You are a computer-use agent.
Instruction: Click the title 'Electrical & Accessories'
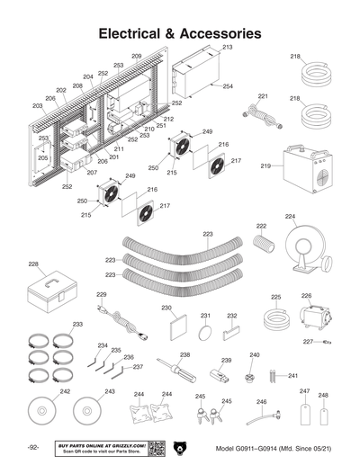(x=180, y=33)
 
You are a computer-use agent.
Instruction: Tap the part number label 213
(x=227, y=46)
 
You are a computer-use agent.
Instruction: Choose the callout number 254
(x=228, y=86)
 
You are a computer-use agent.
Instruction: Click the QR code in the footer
(x=155, y=448)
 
